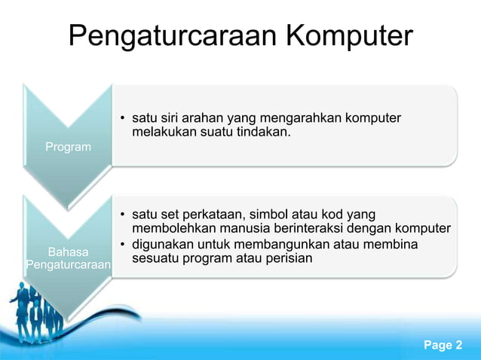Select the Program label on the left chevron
pos(68,147)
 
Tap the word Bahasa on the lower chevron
pos(68,252)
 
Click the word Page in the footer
pos(437,346)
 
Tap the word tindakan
pos(263,133)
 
